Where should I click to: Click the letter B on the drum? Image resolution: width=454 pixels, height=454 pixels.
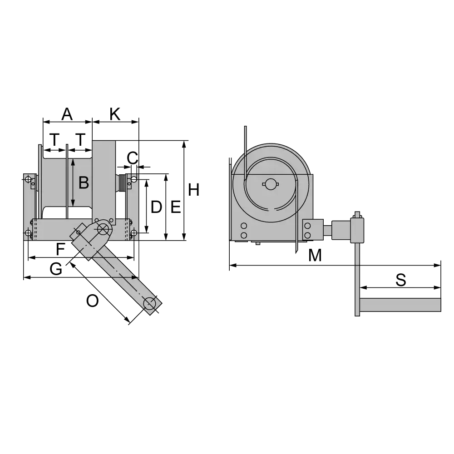[x=84, y=183]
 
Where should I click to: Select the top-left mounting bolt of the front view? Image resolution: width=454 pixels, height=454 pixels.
[x=28, y=178]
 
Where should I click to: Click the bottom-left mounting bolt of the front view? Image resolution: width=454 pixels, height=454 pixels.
[x=28, y=234]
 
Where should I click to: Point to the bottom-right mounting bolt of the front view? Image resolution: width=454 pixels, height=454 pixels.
[x=133, y=234]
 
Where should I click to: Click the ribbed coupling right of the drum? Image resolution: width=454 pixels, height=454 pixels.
[x=122, y=183]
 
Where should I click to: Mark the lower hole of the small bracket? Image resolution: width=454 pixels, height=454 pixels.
[x=308, y=235]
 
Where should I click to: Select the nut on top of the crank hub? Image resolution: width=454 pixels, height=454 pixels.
[x=358, y=214]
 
